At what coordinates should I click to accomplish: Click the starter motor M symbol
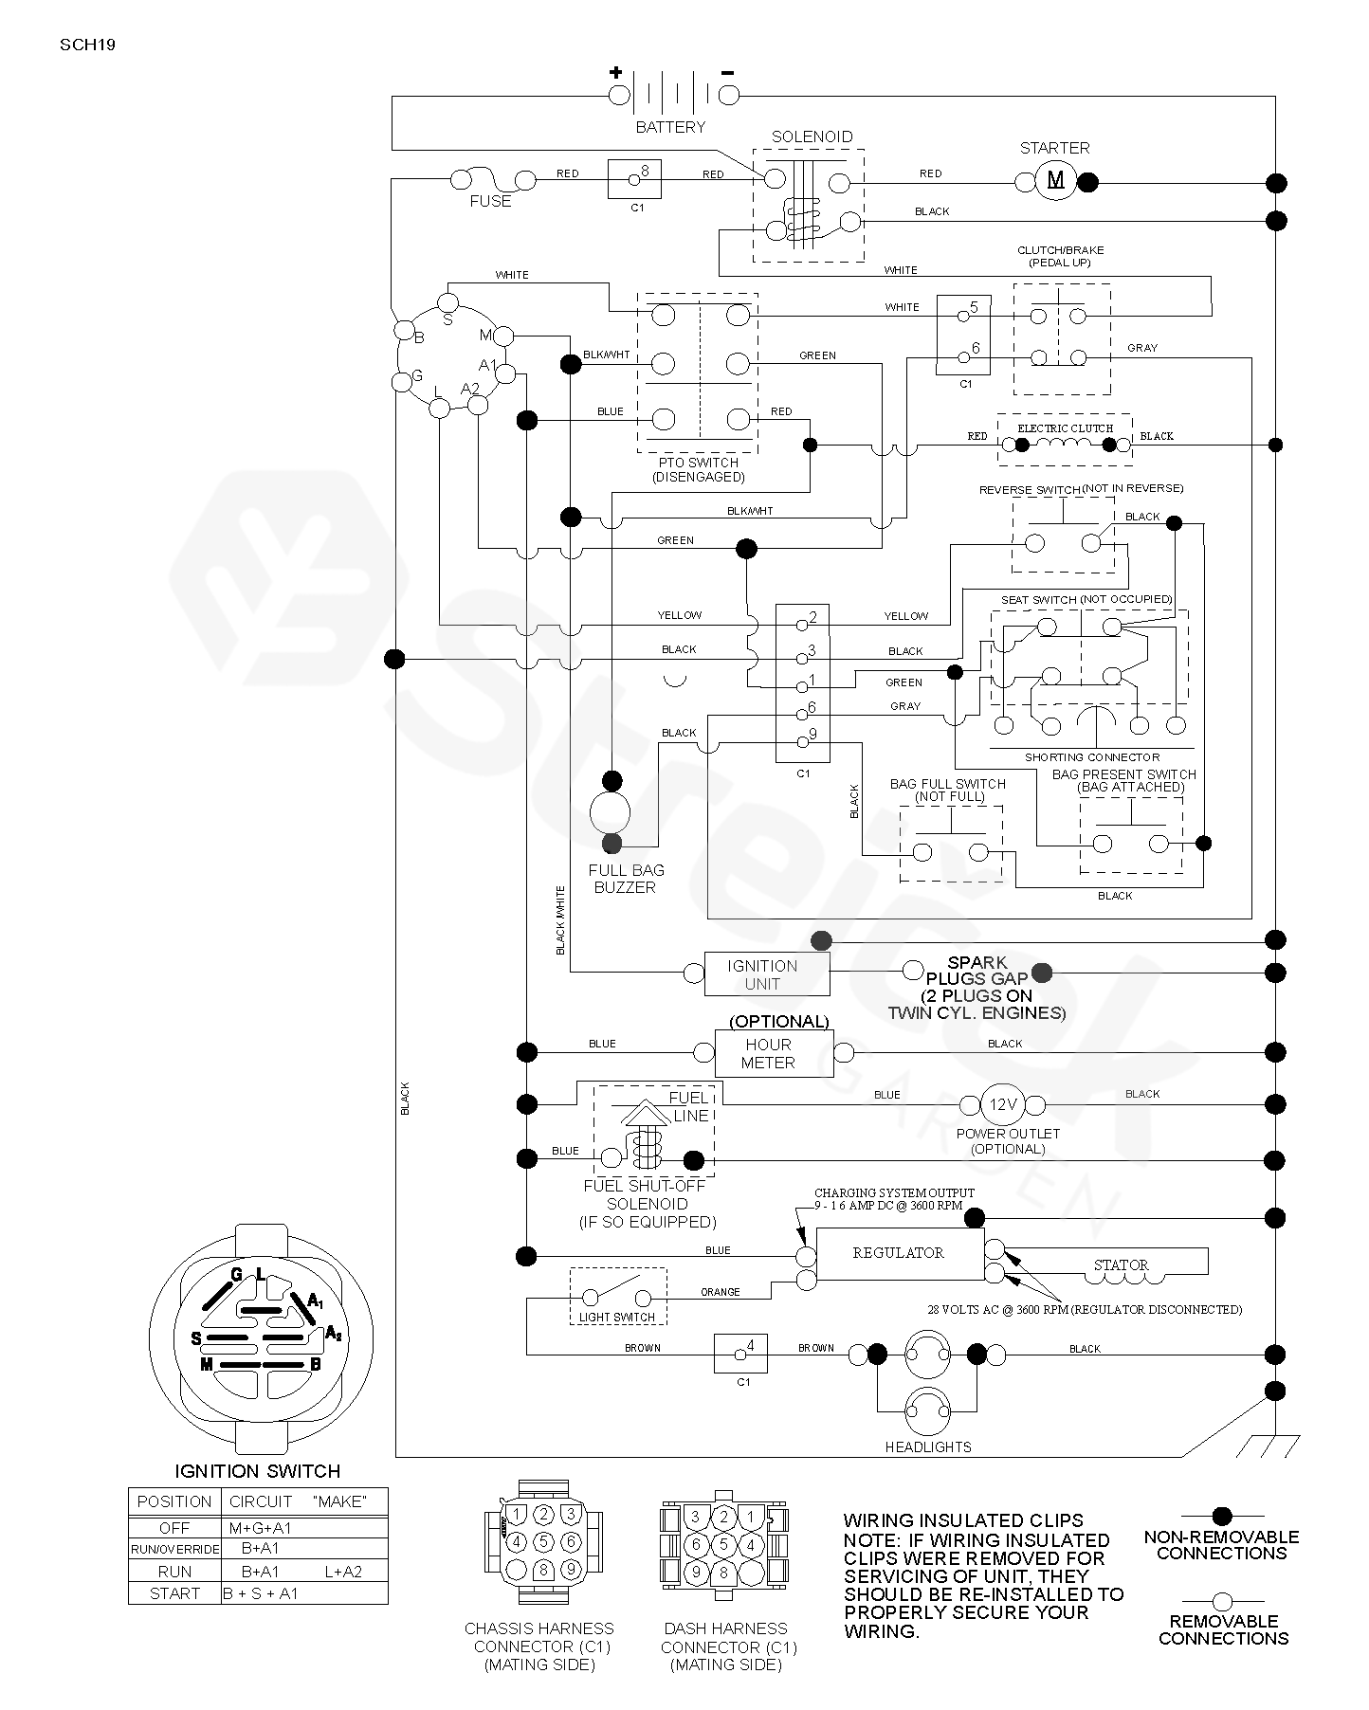coord(1055,180)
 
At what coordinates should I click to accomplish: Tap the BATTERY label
coord(670,127)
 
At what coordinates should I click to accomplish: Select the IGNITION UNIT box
coord(767,974)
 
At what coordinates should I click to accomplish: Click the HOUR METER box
coord(774,1053)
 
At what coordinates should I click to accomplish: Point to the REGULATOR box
coord(900,1253)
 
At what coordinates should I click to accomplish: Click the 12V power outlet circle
coord(1003,1104)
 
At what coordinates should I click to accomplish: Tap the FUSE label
coord(490,201)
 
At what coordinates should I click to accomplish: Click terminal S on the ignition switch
coord(447,303)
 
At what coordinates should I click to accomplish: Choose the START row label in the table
coord(175,1593)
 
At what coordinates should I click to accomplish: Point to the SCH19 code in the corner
coord(87,45)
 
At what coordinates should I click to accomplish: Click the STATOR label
coord(1121,1264)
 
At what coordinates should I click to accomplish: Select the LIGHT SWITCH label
coord(617,1317)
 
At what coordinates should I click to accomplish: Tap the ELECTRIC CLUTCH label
coord(1065,428)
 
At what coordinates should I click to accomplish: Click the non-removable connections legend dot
coord(1222,1516)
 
